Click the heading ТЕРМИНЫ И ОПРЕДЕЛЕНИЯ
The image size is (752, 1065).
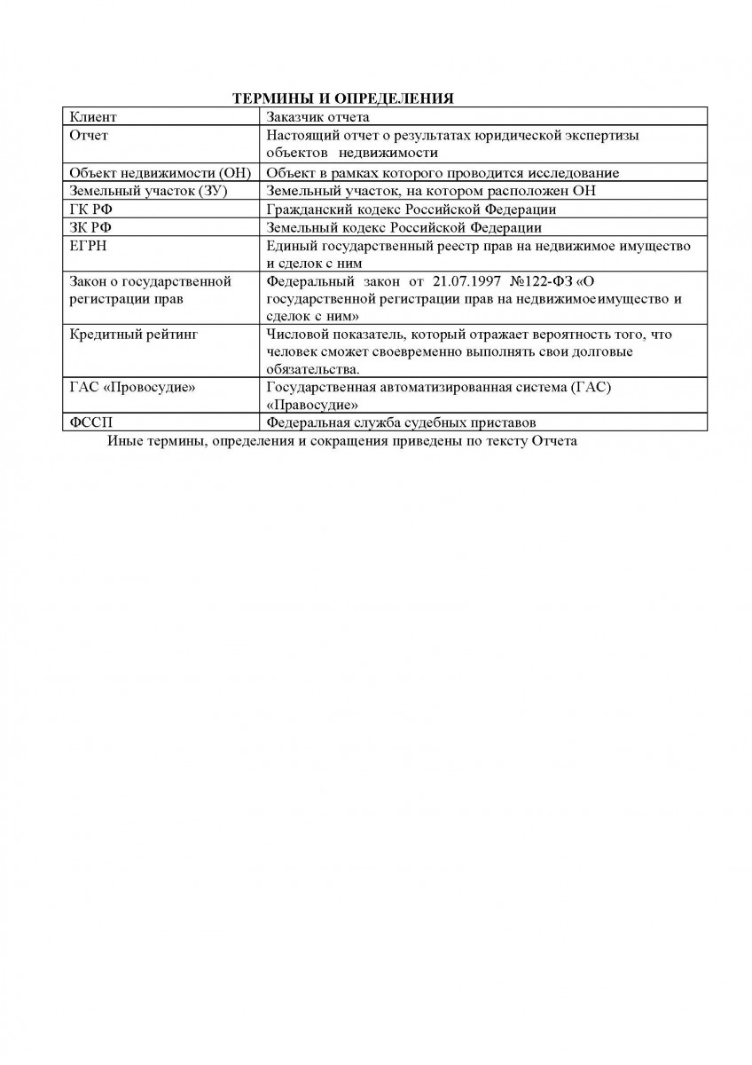343,99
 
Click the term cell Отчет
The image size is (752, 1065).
89,136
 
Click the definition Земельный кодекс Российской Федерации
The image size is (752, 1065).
403,227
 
